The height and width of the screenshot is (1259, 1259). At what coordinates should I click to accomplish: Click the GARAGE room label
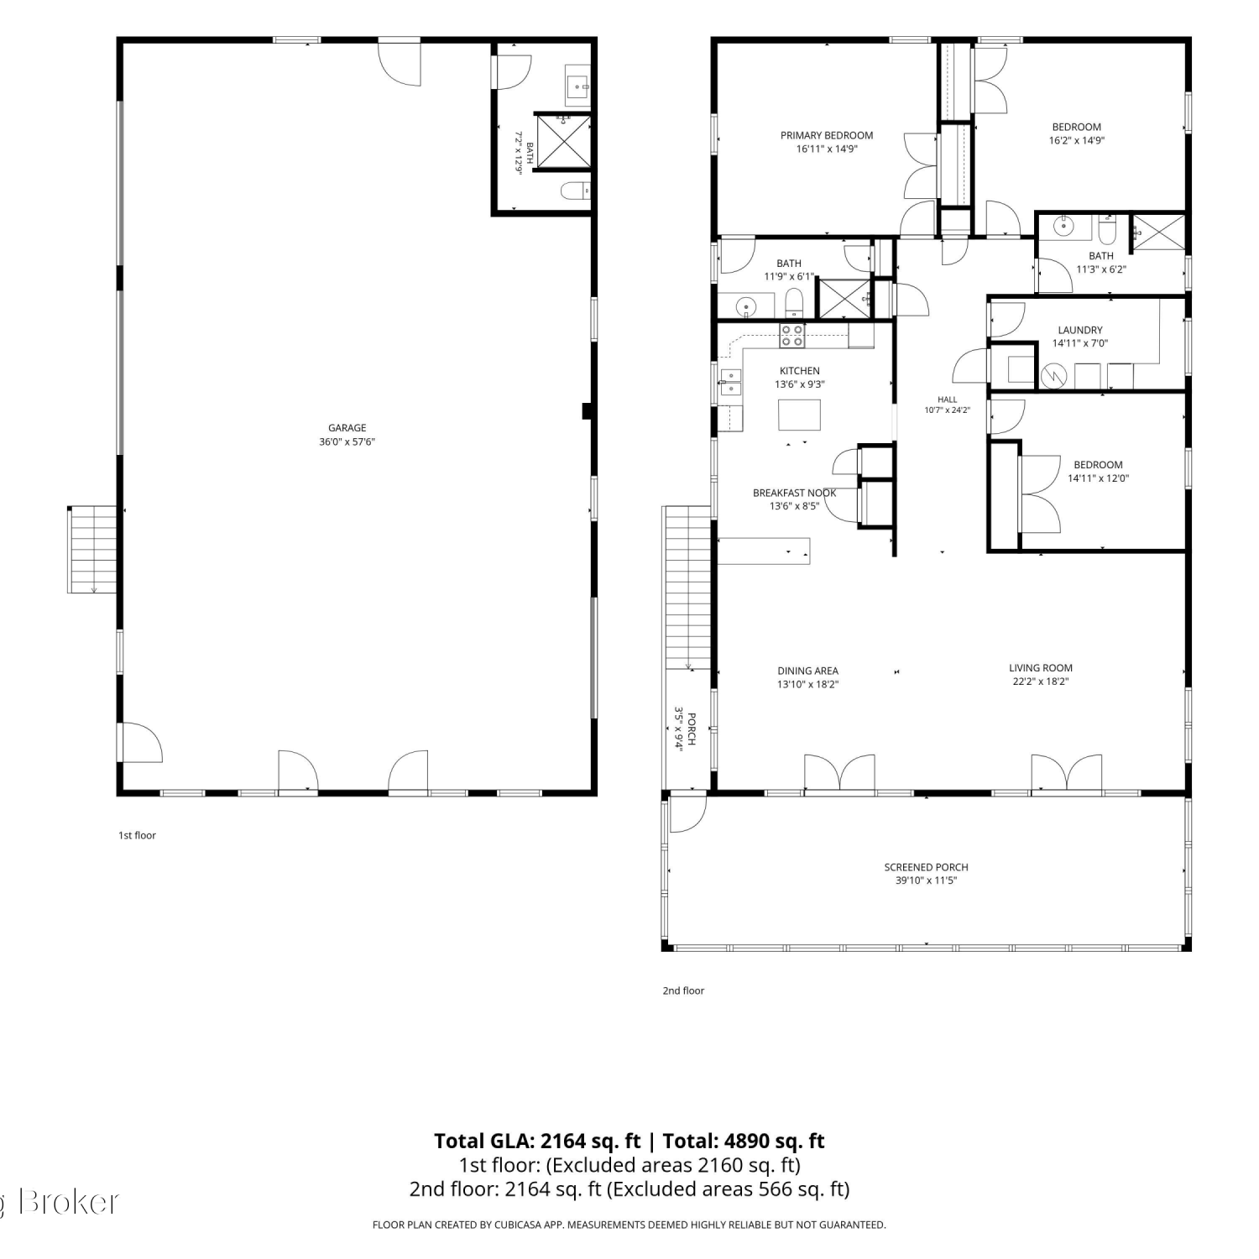(347, 428)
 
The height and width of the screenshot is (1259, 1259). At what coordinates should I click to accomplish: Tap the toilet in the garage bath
(576, 191)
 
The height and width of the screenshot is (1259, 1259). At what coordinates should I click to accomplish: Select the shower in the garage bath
(562, 140)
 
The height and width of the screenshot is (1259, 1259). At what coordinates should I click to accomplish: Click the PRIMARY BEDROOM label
(827, 135)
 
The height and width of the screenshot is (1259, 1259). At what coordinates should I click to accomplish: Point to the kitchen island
(798, 415)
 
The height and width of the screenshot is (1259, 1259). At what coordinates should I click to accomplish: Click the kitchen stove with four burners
(791, 336)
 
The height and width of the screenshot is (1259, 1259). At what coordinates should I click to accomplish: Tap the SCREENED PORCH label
(926, 867)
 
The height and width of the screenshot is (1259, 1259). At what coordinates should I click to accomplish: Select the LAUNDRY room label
(1080, 330)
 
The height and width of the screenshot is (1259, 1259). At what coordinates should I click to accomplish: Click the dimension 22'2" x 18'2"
(1041, 682)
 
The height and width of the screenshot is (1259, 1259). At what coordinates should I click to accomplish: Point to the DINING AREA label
(807, 671)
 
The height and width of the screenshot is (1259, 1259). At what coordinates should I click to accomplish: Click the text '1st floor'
(137, 835)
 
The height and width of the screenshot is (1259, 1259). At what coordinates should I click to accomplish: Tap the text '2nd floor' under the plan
(683, 990)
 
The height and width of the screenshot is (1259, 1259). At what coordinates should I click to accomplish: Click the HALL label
(948, 400)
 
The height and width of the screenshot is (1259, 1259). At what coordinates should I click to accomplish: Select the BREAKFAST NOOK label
(794, 493)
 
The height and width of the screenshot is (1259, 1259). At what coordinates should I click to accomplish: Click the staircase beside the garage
(92, 550)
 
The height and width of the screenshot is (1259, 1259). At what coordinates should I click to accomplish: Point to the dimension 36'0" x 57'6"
(347, 441)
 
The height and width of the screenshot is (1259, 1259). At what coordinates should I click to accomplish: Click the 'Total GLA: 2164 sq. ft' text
(537, 1141)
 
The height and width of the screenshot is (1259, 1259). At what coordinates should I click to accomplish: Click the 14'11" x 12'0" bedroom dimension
(1098, 478)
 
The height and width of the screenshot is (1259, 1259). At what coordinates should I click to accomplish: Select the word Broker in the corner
(68, 1202)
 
